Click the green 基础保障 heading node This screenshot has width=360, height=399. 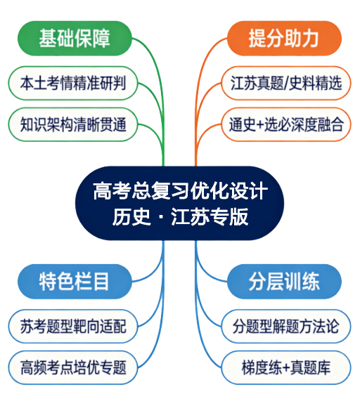pos(75,39)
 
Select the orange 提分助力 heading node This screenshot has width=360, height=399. pos(284,39)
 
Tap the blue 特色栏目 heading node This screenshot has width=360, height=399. pos(75,282)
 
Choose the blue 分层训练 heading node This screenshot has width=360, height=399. pos(284,282)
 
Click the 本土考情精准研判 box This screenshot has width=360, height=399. pos(73,83)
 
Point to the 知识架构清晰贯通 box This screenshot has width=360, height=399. pos(73,124)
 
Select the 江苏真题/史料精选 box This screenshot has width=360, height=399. pos(286,83)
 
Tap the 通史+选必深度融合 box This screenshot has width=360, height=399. pos(286,124)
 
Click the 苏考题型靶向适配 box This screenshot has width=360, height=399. pos(73,326)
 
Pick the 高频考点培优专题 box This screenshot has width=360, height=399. pos(73,367)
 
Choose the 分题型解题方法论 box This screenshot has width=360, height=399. pos(286,326)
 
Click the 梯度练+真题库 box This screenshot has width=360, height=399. pos(286,367)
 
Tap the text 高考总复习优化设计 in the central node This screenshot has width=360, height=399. pos(181,191)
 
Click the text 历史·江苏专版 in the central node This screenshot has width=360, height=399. pos(181,217)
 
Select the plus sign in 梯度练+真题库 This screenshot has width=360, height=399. pos(286,368)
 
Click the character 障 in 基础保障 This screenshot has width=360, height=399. pos(101,39)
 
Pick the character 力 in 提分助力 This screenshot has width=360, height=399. pos(310,39)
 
